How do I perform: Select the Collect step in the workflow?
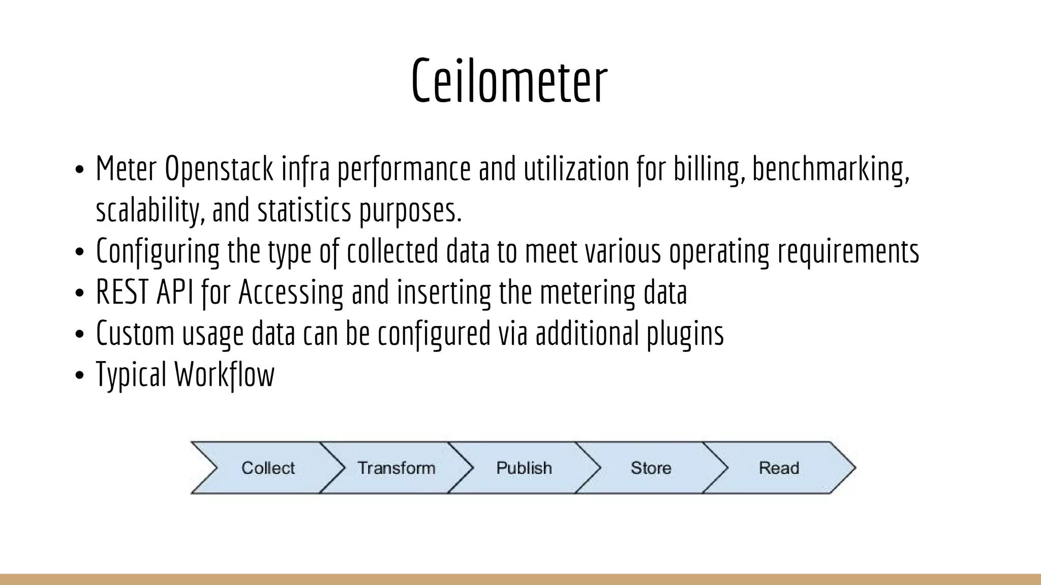268,468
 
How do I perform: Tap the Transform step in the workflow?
396,468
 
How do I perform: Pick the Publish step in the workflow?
524,468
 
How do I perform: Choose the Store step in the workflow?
651,468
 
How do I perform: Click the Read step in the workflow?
779,468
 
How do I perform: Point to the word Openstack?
219,170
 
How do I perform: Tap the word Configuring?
158,252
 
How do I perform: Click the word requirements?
848,252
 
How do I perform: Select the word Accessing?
291,293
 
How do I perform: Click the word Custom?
135,334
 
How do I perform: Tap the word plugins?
685,334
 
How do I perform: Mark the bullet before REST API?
79,294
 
